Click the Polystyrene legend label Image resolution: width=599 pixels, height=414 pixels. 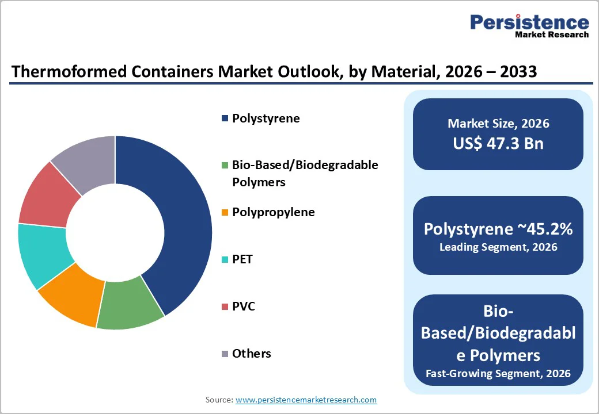coord(266,118)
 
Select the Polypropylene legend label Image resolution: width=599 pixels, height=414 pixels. coord(273,212)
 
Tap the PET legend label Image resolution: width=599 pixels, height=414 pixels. coord(242,259)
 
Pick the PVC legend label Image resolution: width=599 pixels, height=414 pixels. coord(243,306)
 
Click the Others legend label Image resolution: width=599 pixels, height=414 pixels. coord(251,354)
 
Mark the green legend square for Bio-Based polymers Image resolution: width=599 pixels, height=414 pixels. coord(225,166)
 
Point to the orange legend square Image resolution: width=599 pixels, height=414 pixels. coord(225,213)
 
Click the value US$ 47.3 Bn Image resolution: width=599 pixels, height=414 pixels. coord(498,143)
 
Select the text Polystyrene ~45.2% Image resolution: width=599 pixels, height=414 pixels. coord(498,229)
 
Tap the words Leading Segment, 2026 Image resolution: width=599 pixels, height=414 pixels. coord(498,247)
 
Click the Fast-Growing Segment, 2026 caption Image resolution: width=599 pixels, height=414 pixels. coord(498,374)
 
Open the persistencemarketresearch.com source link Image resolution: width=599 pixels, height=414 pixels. coord(306,400)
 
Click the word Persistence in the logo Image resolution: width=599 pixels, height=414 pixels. coord(529,22)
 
